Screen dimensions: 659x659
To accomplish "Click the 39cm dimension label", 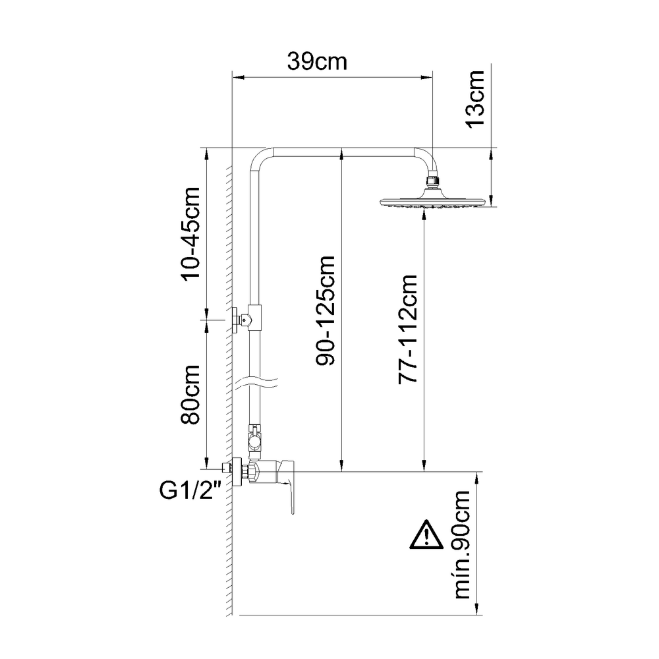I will point(317,62).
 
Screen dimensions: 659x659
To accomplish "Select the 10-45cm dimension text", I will point(192,234).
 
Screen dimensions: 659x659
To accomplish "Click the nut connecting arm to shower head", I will point(432,180).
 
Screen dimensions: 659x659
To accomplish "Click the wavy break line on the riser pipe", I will point(260,382).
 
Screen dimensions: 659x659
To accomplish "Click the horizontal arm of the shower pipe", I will point(343,152).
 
